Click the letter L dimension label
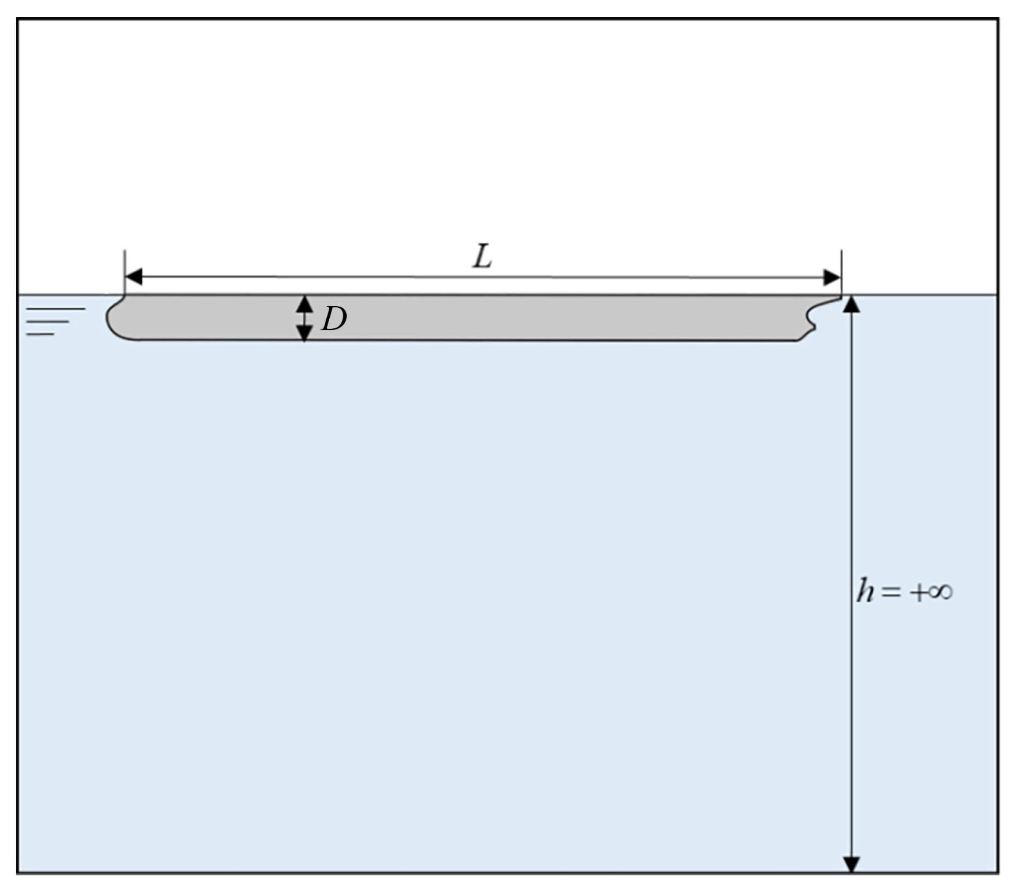[482, 257]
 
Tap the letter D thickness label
[334, 319]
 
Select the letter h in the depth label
[865, 591]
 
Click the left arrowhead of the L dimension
[133, 277]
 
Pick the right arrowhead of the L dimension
[832, 277]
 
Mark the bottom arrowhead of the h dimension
[851, 865]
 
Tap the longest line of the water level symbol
[56, 309]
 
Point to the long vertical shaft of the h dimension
[851, 472]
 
